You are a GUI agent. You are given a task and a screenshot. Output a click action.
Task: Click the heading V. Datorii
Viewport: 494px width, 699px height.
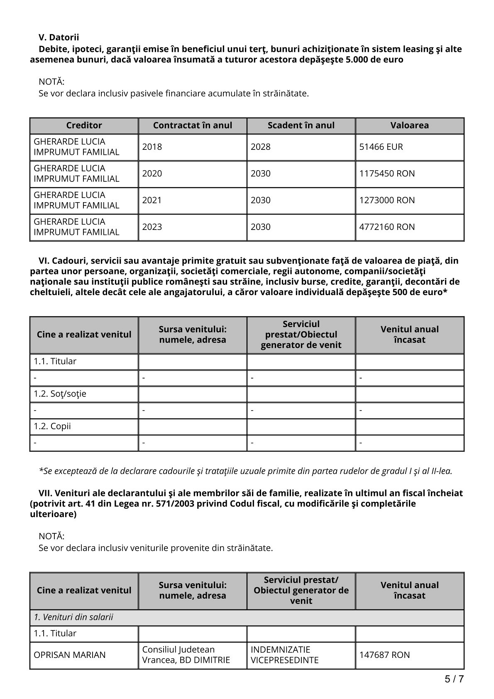(x=59, y=38)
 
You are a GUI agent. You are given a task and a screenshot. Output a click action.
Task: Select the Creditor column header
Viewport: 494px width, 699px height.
(x=84, y=125)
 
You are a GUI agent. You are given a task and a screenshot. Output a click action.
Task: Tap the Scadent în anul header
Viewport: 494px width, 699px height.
(x=301, y=125)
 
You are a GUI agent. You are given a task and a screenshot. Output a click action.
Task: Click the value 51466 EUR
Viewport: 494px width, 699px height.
(x=381, y=147)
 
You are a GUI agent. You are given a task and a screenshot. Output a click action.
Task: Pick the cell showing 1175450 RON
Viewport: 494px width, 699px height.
(x=387, y=174)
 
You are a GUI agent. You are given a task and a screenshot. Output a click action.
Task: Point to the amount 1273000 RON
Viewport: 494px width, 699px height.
(x=387, y=200)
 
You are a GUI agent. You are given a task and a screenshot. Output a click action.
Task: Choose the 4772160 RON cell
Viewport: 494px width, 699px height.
(x=387, y=227)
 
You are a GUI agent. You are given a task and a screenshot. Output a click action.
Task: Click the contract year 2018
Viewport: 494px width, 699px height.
(x=152, y=147)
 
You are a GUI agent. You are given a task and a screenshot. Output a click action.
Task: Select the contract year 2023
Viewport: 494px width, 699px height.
(x=152, y=227)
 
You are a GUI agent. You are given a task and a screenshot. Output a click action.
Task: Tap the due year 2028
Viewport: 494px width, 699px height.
(x=261, y=147)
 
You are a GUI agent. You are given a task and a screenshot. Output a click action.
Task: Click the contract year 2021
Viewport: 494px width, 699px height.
(x=152, y=200)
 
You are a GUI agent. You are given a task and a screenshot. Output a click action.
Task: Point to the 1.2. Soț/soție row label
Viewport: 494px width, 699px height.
(x=60, y=394)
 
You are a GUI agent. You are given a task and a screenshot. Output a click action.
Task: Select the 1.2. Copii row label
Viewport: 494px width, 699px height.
(x=52, y=426)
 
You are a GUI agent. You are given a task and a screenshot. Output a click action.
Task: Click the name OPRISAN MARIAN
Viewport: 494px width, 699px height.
(x=70, y=655)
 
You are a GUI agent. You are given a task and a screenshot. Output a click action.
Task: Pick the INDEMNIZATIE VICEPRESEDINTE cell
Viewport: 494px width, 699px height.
(x=285, y=655)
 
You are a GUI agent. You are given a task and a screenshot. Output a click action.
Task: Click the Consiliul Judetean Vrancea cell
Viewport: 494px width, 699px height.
(x=186, y=655)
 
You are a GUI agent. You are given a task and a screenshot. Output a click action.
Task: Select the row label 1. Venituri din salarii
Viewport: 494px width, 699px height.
(x=73, y=617)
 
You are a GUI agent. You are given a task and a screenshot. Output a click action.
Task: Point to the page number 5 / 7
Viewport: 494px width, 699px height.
(x=454, y=679)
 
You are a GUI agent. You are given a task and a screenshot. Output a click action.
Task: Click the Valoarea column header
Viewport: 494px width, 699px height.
(x=409, y=125)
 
